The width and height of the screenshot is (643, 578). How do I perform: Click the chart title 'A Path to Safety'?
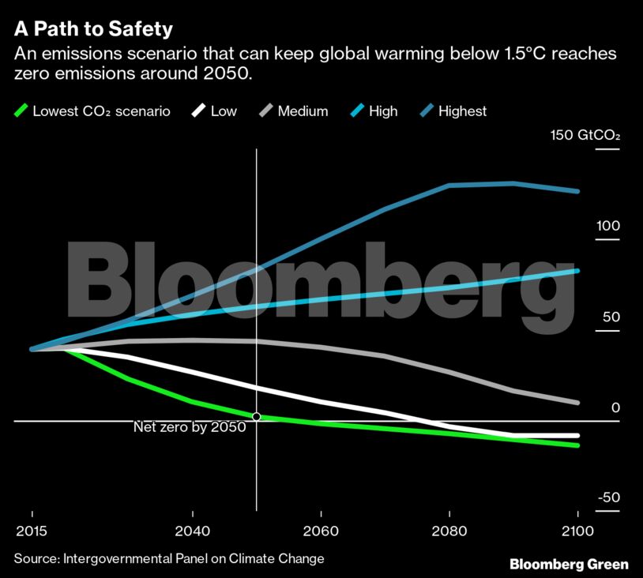93,29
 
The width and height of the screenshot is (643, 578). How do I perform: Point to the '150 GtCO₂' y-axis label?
585,135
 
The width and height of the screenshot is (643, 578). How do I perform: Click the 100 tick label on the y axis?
608,226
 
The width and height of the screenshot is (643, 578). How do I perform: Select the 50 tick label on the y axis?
611,317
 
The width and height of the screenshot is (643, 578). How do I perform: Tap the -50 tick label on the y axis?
608,498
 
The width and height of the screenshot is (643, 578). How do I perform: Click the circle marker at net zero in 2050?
256,416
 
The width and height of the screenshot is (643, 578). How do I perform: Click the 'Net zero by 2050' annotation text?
190,427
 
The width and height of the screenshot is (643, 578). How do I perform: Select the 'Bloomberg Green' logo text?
569,564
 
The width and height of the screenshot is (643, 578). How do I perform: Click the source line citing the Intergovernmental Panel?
169,558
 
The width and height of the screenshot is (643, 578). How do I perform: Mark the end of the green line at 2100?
577,445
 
